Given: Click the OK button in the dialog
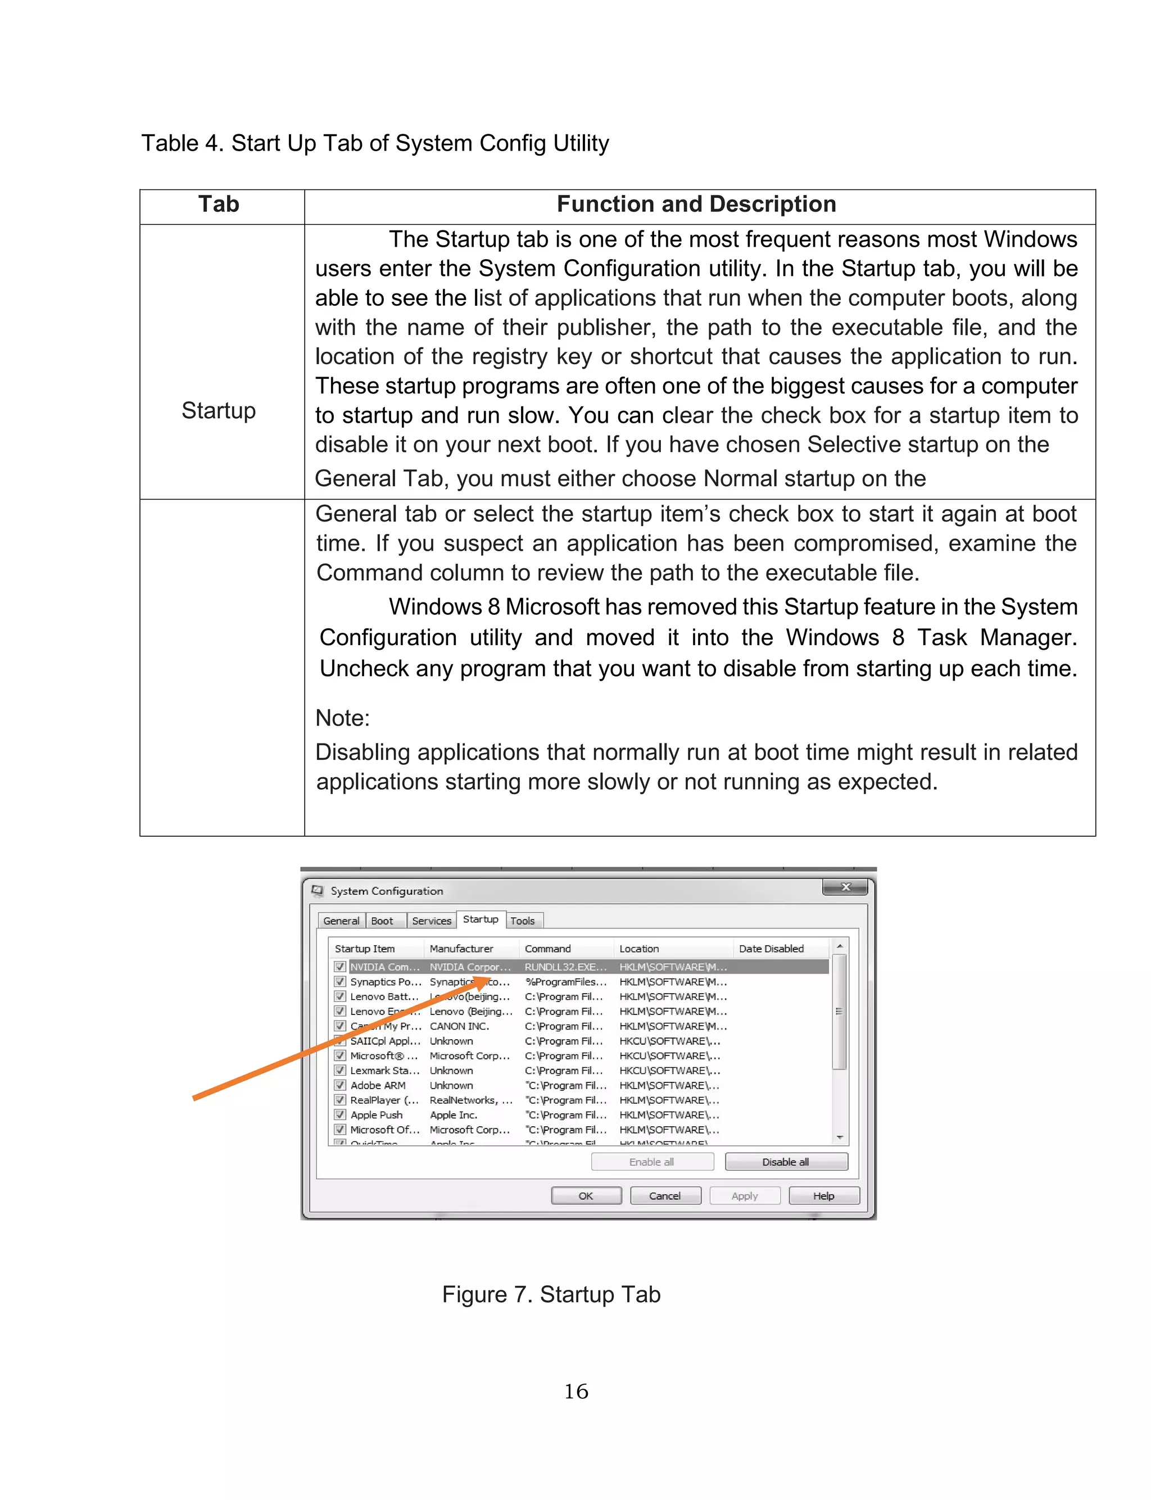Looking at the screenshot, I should [x=586, y=1196].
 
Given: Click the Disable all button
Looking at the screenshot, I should [x=786, y=1162].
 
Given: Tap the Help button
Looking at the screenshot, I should [x=823, y=1196].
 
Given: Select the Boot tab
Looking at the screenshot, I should [x=382, y=921].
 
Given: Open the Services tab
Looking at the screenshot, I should [x=432, y=921].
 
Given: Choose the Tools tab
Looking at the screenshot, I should [x=523, y=921].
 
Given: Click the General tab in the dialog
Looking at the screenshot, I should [x=341, y=921].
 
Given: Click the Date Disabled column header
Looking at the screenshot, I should [x=772, y=949].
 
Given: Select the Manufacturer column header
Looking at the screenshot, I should [x=461, y=949].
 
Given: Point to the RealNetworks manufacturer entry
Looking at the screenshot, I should [x=470, y=1100].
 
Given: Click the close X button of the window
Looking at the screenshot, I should [x=845, y=887].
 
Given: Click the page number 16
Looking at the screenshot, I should [x=575, y=1391].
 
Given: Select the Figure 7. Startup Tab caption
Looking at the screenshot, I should [x=551, y=1294].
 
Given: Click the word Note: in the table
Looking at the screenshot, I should [x=343, y=718].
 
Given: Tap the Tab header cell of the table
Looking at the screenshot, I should [x=219, y=204].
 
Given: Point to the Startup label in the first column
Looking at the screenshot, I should [x=219, y=410].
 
